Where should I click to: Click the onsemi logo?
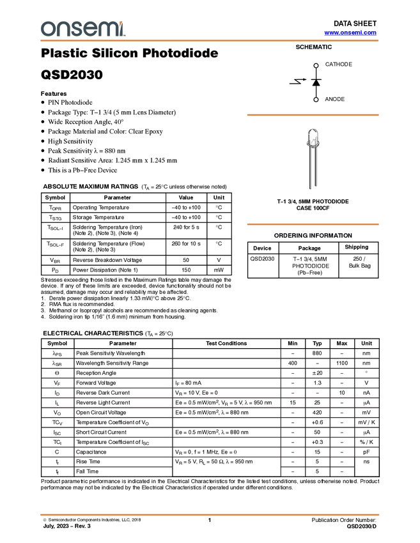(x=82, y=29)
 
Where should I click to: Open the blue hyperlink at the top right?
(x=350, y=33)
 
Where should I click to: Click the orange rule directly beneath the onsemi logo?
(x=210, y=41)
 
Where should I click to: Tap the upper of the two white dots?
(x=316, y=65)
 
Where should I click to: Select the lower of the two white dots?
(x=316, y=100)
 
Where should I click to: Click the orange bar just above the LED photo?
(x=313, y=115)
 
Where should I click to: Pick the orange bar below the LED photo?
(x=313, y=224)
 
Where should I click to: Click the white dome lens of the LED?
(x=311, y=136)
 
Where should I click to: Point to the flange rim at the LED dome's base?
(x=311, y=145)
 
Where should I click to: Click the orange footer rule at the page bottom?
(x=210, y=514)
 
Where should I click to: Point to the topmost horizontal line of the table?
(x=210, y=358)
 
